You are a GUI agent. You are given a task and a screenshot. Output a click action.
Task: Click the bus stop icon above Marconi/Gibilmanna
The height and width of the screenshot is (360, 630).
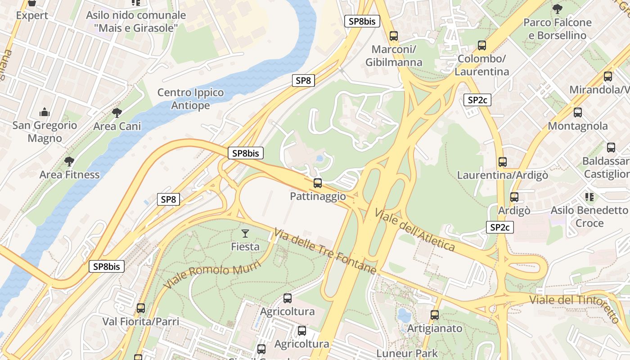point(394,36)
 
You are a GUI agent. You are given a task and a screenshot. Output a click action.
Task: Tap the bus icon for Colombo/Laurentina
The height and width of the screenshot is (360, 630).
point(482,45)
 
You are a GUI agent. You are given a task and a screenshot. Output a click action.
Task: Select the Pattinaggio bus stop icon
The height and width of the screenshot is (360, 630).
point(318,183)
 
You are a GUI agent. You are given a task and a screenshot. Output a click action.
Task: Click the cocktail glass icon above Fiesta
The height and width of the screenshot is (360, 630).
point(245,233)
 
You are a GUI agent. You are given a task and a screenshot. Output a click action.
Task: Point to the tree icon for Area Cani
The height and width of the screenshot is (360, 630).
point(117,112)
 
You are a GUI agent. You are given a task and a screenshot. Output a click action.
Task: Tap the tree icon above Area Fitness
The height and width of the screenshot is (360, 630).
point(69,161)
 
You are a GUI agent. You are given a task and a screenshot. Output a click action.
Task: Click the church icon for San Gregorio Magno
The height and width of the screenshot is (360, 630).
point(45,112)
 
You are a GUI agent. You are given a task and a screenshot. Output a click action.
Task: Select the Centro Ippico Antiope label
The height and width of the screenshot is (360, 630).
point(190,99)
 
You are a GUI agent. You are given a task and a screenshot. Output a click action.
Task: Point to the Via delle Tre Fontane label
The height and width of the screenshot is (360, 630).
point(324,250)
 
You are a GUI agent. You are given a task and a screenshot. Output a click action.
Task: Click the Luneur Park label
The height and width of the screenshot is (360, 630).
point(407,353)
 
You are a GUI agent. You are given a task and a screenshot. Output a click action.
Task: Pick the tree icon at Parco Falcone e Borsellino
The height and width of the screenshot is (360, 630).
point(557,9)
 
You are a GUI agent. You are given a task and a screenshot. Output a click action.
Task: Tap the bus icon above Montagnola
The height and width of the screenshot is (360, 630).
point(578,112)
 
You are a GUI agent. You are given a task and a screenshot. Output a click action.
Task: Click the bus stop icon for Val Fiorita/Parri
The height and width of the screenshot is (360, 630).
point(141,308)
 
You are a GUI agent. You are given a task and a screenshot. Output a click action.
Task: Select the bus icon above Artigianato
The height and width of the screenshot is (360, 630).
point(435,315)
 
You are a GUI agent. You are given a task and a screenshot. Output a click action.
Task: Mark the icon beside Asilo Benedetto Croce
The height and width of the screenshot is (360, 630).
point(589,197)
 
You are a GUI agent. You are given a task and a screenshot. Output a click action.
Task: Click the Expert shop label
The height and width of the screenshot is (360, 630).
point(32,15)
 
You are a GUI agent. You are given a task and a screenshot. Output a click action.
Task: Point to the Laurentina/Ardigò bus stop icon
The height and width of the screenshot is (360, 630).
point(503,162)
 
